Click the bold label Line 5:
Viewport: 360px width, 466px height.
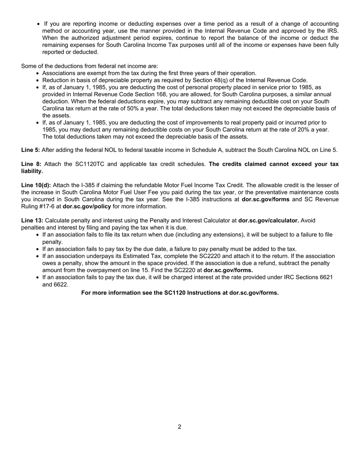click(30, 150)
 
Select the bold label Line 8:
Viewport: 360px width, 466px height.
click(31, 164)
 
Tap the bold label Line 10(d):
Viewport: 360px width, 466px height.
click(36, 185)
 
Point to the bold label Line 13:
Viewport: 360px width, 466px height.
click(32, 220)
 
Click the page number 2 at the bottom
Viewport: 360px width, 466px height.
click(179, 427)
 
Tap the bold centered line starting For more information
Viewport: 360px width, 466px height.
click(180, 293)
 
